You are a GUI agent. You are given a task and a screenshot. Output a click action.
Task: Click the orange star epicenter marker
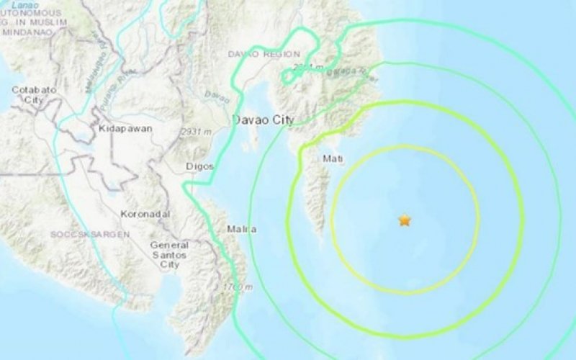coord(405,220)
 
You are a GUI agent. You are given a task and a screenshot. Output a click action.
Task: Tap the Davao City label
coord(263,121)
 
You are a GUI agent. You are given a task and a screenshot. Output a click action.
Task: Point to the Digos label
coord(201,166)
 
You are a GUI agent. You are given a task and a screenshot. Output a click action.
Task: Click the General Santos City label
coord(169,255)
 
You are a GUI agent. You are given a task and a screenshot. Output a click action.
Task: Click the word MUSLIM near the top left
coord(48,22)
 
